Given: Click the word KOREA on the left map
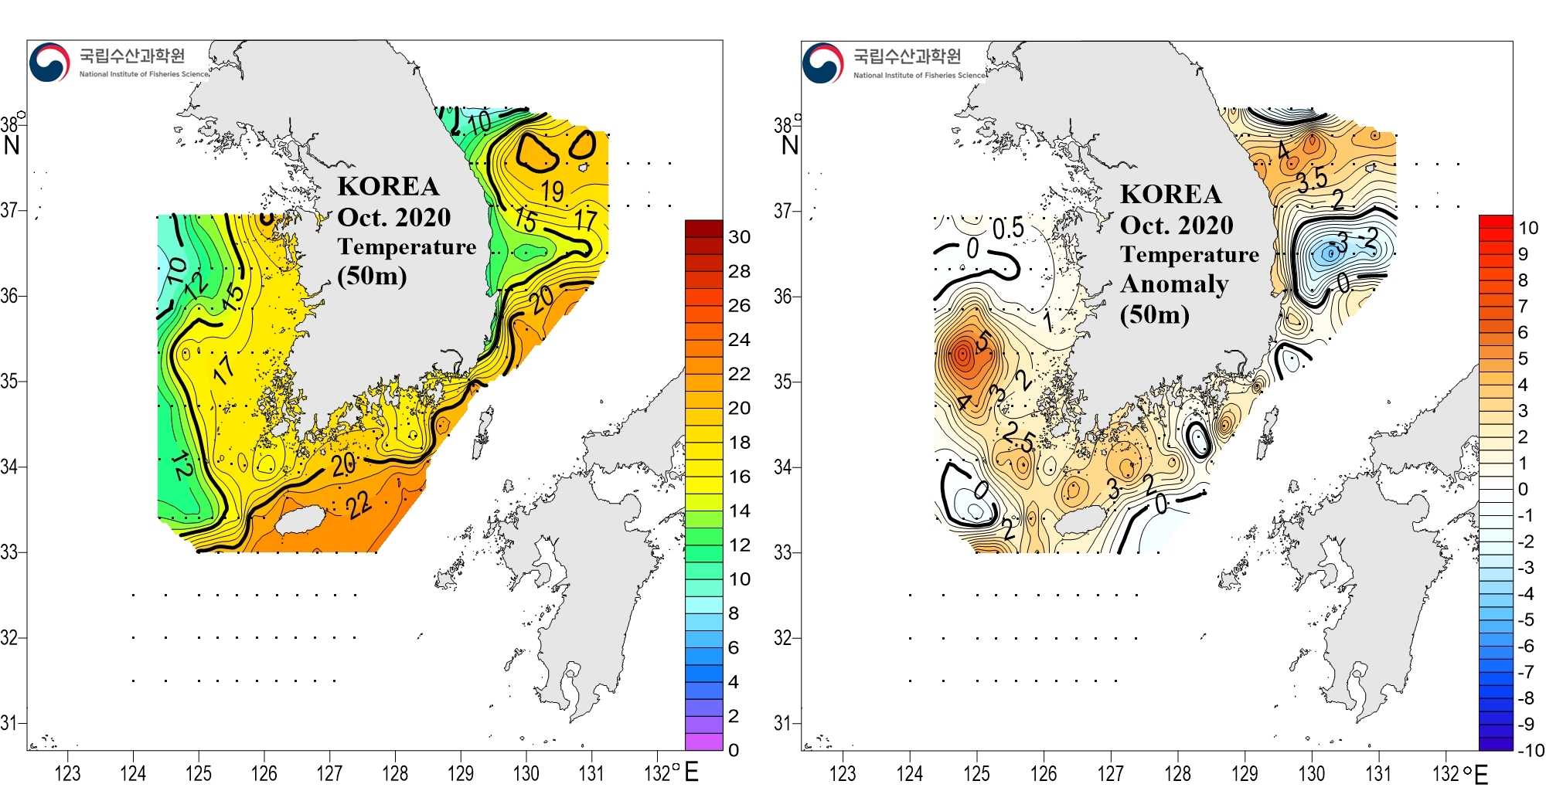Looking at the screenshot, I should [388, 186].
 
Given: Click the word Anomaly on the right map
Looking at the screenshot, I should [1174, 284].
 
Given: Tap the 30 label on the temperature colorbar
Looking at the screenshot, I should [739, 237].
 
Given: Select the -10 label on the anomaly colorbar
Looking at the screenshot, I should [1530, 750].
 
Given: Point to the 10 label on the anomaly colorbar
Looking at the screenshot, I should [1528, 228].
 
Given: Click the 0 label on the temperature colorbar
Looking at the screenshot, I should [734, 750].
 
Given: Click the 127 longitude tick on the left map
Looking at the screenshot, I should [329, 773].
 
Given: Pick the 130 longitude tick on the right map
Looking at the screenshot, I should [1311, 773].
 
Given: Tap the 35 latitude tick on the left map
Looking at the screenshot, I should [9, 381].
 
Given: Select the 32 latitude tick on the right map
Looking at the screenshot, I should [783, 638].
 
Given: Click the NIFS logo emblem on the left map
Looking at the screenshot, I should [49, 62].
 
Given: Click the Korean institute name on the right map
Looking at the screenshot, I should [907, 56].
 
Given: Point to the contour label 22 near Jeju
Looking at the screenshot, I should [358, 505].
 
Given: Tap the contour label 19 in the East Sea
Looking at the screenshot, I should [552, 191].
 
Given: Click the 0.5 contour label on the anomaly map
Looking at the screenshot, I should [1008, 228].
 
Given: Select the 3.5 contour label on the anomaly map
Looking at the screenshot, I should [1312, 180].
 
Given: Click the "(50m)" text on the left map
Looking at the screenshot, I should [372, 276].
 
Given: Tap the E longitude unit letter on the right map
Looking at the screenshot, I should [1481, 774].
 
